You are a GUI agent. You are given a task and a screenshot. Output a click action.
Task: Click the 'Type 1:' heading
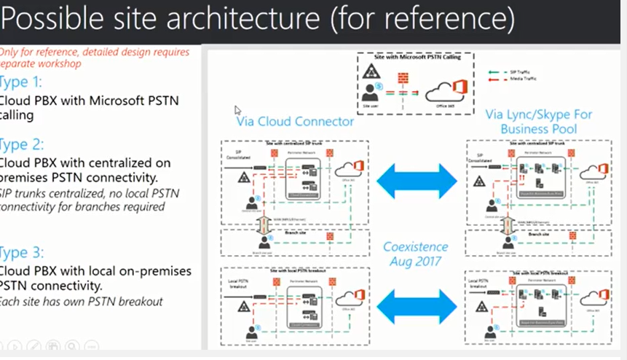coord(21,82)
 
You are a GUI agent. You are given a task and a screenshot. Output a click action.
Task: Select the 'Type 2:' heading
coord(22,144)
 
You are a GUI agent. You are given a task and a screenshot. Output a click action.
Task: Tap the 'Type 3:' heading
coord(22,253)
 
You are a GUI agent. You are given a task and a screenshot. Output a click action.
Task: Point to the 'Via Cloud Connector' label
coord(295,122)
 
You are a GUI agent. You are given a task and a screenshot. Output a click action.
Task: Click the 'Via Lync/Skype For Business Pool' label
coord(538,122)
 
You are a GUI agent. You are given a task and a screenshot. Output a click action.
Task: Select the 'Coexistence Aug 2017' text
coord(416,254)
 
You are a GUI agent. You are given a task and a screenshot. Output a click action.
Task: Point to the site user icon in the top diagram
coord(371,93)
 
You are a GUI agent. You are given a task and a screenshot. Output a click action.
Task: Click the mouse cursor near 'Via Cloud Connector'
coord(237,110)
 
